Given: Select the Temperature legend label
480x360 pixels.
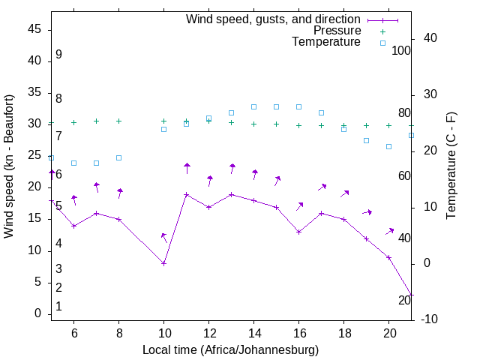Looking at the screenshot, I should coord(326,42).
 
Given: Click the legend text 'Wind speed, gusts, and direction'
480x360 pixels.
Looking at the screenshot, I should coord(273,19).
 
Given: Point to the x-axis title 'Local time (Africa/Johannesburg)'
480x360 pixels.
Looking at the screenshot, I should coord(230,349).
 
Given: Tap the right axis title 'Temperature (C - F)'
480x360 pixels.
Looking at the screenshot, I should coord(451,166).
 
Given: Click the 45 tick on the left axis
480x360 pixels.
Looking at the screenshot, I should coord(34,29).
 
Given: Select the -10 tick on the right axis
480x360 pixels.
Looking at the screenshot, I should coord(430,319).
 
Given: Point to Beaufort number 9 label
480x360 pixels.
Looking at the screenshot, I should coord(58,55).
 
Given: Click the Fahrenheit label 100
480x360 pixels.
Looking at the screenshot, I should coord(401,50).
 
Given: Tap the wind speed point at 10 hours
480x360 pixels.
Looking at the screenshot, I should coord(163,263).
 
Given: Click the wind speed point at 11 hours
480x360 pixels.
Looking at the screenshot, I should coord(187,194).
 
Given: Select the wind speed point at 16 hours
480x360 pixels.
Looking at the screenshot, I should coord(299,232).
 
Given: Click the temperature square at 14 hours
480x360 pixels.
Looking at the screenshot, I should coord(254,106).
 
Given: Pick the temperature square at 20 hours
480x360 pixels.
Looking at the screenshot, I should coord(389,146).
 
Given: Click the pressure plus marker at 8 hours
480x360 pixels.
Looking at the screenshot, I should coord(118,121).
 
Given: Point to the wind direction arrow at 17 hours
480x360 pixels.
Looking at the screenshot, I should coord(322,187).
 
